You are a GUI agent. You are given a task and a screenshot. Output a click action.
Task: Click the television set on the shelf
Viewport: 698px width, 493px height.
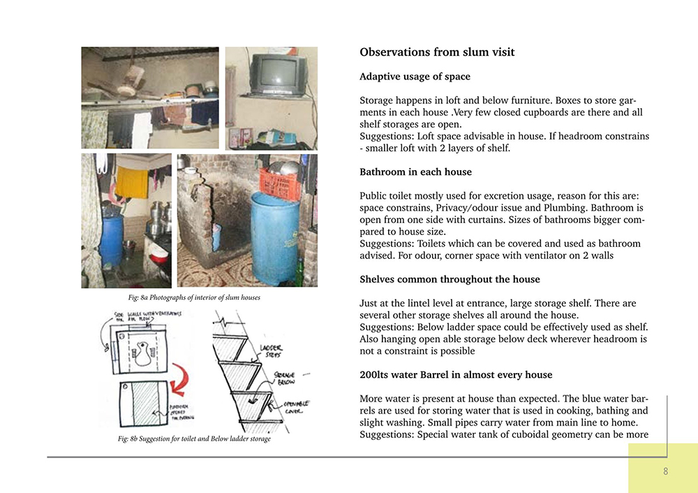click(x=279, y=74)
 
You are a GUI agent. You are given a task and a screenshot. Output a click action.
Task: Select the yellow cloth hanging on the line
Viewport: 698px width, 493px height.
click(x=132, y=181)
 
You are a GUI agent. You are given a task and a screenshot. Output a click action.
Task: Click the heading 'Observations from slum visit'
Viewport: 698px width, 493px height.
click(x=437, y=52)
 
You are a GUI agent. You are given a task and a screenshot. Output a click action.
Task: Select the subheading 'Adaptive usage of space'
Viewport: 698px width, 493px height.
click(x=415, y=77)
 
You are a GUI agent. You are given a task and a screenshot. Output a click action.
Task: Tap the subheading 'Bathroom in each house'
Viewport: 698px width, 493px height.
click(x=415, y=172)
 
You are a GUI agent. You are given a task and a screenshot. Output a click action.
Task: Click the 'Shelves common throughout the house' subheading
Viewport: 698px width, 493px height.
click(x=450, y=280)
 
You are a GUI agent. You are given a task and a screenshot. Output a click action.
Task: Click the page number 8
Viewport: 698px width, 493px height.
click(x=666, y=471)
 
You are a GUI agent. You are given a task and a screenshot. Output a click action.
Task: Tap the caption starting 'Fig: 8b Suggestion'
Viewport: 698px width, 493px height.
click(x=193, y=439)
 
